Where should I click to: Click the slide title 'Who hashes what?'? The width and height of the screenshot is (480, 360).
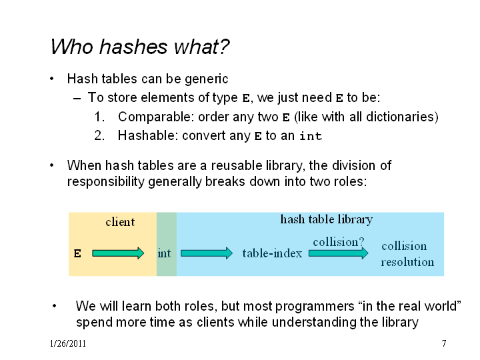click(140, 47)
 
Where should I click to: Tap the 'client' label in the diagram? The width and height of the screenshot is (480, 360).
click(120, 221)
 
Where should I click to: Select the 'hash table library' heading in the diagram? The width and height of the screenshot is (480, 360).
click(326, 219)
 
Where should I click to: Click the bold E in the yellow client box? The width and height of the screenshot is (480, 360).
click(77, 253)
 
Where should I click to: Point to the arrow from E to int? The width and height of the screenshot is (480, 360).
click(118, 253)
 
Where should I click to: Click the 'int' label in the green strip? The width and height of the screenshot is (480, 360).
click(164, 253)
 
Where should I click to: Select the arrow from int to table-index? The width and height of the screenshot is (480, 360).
click(207, 253)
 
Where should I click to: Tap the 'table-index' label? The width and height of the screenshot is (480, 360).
click(272, 253)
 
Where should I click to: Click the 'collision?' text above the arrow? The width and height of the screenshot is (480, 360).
click(338, 242)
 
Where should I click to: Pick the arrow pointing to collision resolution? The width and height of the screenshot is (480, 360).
click(339, 253)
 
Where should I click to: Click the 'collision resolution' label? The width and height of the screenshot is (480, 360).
click(407, 254)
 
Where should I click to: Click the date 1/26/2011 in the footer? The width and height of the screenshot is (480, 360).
click(67, 343)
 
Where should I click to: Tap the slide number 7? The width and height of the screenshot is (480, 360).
click(444, 343)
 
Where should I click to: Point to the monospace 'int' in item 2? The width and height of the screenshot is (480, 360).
click(311, 136)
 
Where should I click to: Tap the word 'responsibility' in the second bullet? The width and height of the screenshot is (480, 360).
click(105, 182)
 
